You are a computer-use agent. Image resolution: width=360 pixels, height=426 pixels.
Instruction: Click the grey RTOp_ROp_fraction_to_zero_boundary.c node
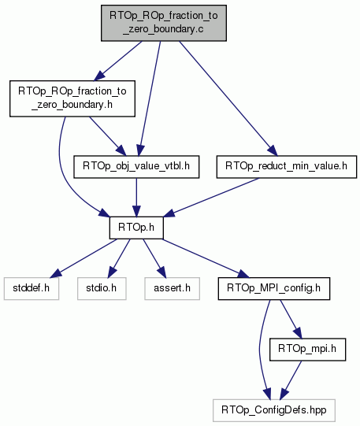coord(164,23)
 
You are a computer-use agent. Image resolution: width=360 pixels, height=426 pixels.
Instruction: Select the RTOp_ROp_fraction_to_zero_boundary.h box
coord(72,98)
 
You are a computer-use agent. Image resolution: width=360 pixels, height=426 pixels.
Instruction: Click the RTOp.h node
coord(136,228)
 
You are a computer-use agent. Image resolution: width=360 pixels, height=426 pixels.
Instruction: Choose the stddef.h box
coord(32,288)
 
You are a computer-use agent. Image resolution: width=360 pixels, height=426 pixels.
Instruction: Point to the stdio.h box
coord(102,288)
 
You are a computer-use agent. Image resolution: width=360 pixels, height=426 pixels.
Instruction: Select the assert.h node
coord(172,288)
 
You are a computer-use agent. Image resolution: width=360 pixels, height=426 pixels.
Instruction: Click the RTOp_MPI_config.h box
coord(274,288)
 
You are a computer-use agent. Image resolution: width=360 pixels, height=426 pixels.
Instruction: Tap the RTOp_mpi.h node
coord(307,350)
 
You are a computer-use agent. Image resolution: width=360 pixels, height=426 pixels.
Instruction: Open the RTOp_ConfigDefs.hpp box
coord(274,410)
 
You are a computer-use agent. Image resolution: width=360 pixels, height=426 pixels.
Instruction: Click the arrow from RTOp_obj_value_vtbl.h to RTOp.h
coord(136,198)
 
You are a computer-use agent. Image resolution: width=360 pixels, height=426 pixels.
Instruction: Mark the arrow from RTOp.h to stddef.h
coord(84,258)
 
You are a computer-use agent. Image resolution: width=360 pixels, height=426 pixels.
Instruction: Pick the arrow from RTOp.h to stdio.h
coord(119,258)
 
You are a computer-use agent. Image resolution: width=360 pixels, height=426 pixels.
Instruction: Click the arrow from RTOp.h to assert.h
coord(154,258)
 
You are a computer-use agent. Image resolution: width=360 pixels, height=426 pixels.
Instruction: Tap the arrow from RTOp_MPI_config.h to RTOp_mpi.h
coord(291,319)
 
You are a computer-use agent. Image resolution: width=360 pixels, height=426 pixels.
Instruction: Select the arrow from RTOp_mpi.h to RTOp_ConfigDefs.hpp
coord(291,380)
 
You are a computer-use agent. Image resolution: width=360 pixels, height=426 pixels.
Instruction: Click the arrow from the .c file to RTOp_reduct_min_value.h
coord(228,98)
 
